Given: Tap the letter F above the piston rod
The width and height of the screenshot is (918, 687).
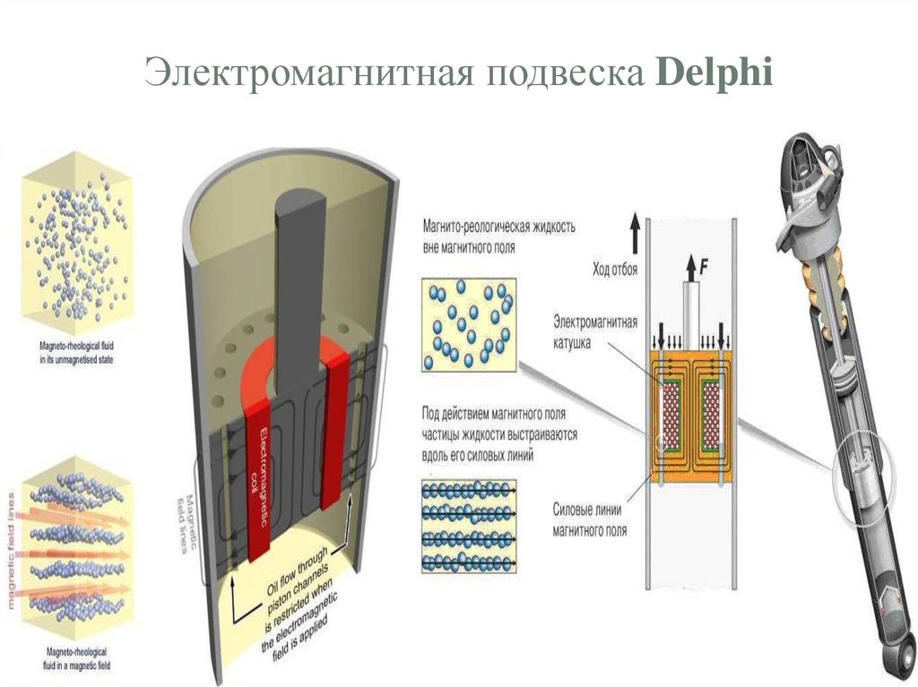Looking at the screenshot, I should pyautogui.click(x=704, y=264).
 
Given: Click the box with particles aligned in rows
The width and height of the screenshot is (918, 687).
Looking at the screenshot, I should pyautogui.click(x=466, y=528).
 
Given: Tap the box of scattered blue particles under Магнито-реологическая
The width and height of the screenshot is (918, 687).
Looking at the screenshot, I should pyautogui.click(x=466, y=322).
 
